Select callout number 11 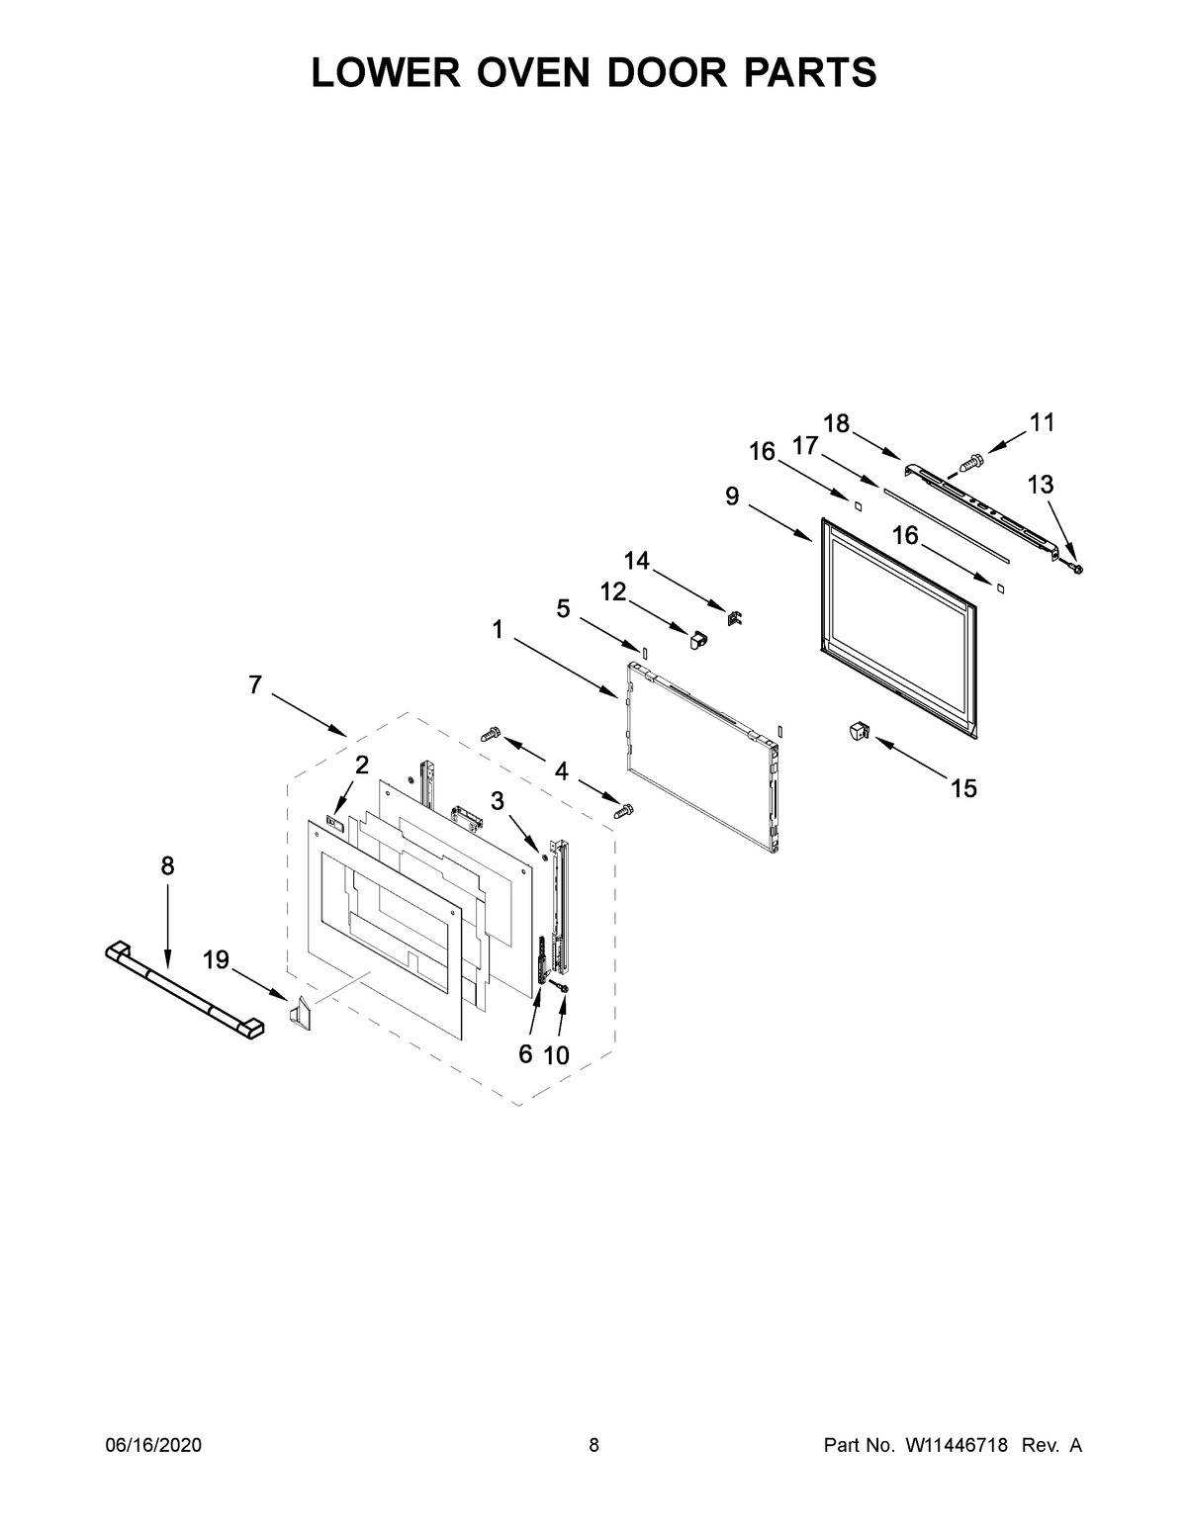1042,423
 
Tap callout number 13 1041,485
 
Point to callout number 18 836,423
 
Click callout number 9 732,497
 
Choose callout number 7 255,684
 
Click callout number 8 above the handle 167,866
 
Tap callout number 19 216,958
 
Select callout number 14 636,562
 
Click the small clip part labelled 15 858,732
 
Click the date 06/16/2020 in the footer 153,1446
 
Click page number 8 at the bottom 593,1446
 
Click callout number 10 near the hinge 557,1055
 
